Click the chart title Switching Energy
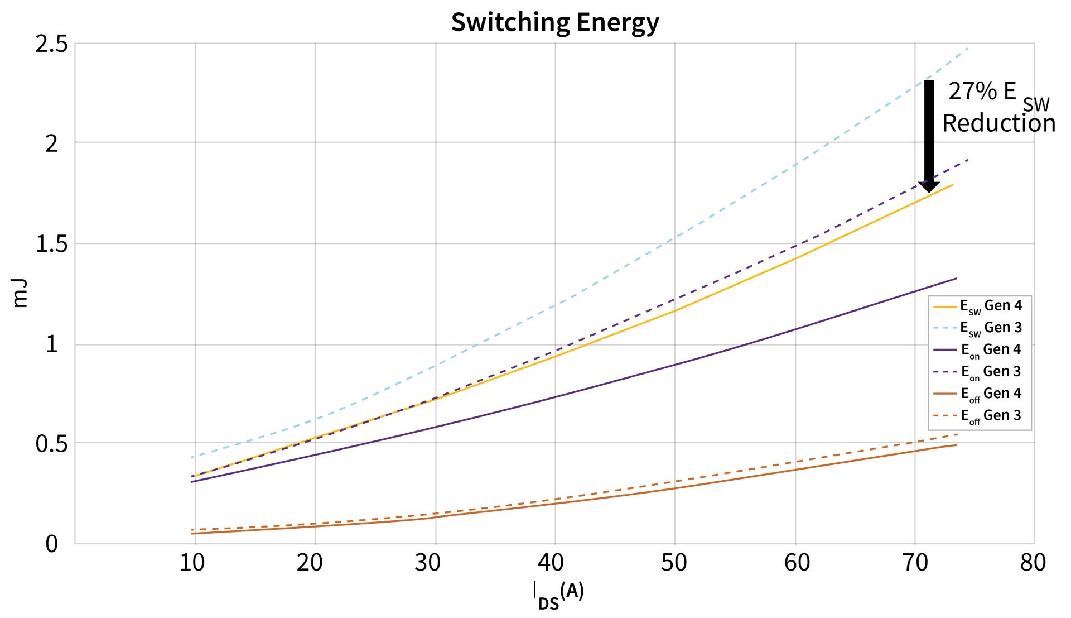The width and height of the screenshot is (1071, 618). pyautogui.click(x=554, y=22)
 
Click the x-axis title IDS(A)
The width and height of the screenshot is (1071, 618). pyautogui.click(x=557, y=595)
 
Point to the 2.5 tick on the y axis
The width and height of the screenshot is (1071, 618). pyautogui.click(x=51, y=44)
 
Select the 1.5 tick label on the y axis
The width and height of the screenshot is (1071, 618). pyautogui.click(x=51, y=244)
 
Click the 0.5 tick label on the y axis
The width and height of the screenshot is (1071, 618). pyautogui.click(x=51, y=444)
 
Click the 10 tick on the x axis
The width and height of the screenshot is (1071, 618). pyautogui.click(x=192, y=563)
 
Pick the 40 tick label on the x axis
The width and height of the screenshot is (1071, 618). pyautogui.click(x=551, y=563)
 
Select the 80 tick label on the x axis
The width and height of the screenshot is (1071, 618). pyautogui.click(x=1033, y=563)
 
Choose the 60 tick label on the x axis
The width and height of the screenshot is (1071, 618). pyautogui.click(x=797, y=563)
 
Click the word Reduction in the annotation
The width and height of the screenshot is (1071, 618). pyautogui.click(x=998, y=123)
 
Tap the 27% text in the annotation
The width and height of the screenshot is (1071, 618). pyautogui.click(x=972, y=91)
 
